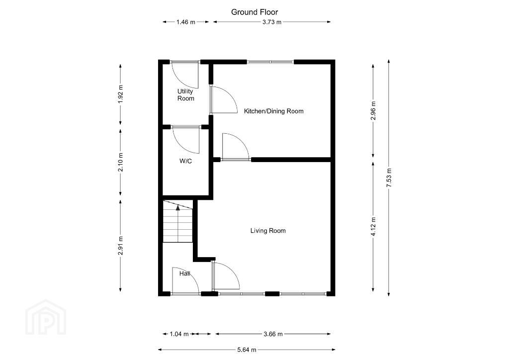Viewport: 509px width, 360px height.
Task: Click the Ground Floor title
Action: pyautogui.click(x=254, y=12)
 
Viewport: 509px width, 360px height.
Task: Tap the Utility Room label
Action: pyautogui.click(x=186, y=95)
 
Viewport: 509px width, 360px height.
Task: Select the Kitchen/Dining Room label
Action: pyautogui.click(x=274, y=111)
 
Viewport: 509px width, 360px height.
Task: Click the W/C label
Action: pyautogui.click(x=186, y=161)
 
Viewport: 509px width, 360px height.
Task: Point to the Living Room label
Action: pyautogui.click(x=268, y=231)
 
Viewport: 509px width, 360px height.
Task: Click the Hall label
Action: pyautogui.click(x=185, y=273)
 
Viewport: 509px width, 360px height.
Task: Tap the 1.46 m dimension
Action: pyautogui.click(x=186, y=22)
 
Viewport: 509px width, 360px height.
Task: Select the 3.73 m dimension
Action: pyautogui.click(x=272, y=22)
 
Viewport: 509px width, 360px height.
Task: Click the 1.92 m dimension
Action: pyautogui.click(x=120, y=94)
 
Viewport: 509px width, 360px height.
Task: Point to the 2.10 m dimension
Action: pyautogui.click(x=120, y=162)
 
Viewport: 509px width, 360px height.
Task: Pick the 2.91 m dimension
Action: pyautogui.click(x=120, y=246)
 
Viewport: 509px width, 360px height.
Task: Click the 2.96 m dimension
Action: pyautogui.click(x=373, y=111)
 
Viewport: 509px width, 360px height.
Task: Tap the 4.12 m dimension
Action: pyautogui.click(x=373, y=227)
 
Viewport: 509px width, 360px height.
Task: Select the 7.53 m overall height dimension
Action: pyautogui.click(x=389, y=178)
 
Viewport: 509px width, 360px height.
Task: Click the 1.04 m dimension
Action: pyautogui.click(x=179, y=334)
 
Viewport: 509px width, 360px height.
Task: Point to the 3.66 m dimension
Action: pyautogui.click(x=273, y=334)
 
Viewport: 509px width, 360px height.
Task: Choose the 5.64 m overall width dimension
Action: pyautogui.click(x=247, y=350)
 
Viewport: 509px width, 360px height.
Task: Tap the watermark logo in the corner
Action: pyautogui.click(x=46, y=317)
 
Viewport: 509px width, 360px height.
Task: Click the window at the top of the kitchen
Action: pyautogui.click(x=270, y=62)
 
